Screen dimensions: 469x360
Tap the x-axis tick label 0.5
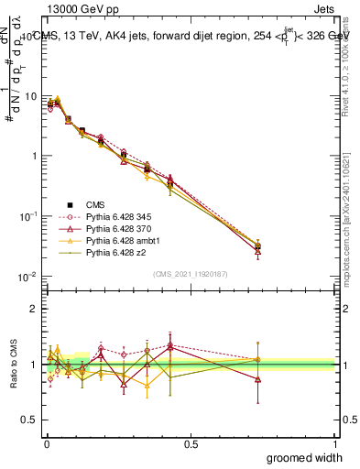(191, 444)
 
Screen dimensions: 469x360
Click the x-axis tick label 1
(334, 444)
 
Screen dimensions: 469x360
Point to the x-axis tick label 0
(46, 444)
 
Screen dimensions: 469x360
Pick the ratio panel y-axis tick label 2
(35, 309)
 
